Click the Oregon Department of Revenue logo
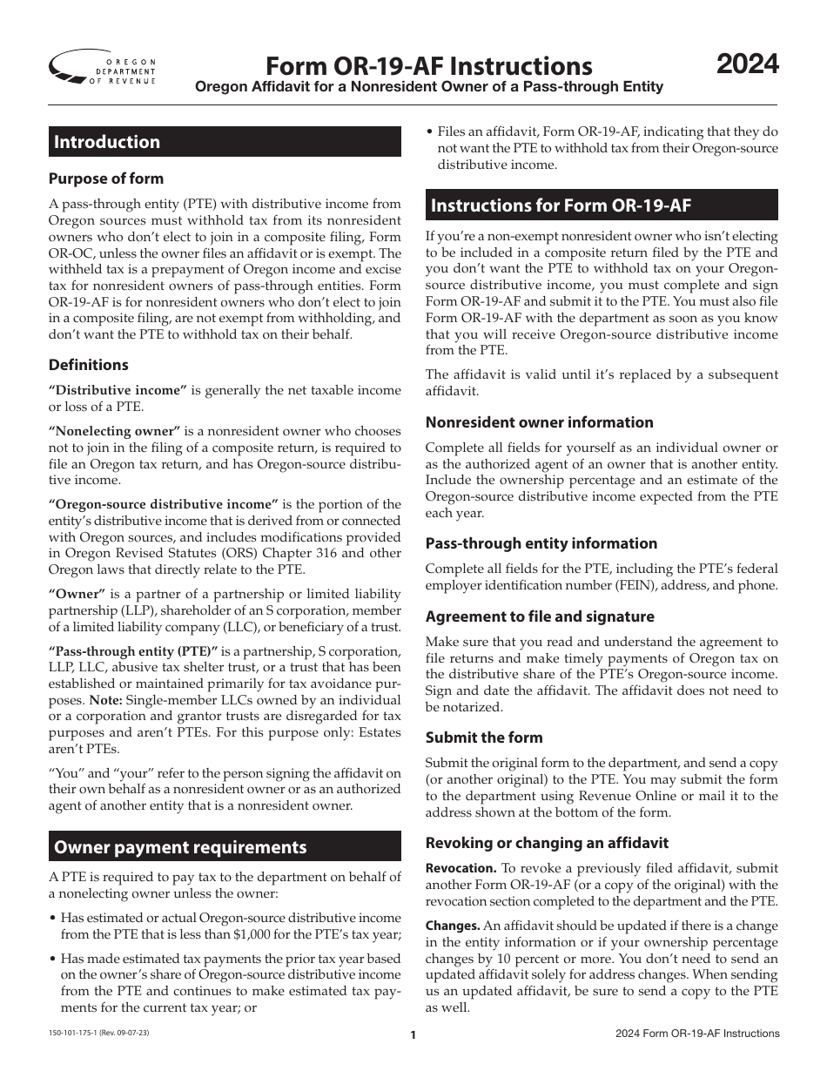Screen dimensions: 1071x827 [103, 67]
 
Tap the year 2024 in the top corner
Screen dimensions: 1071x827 [747, 64]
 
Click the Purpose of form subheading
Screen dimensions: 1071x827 [106, 178]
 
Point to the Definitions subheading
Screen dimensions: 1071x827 [89, 365]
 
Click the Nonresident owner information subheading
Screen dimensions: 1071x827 [539, 422]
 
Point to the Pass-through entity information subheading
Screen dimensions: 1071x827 [541, 543]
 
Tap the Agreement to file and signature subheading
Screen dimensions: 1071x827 [540, 616]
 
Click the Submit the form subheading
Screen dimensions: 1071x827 [484, 738]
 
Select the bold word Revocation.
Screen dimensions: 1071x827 [461, 868]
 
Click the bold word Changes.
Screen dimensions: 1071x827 [453, 926]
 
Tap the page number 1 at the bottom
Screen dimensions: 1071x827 [413, 1035]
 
